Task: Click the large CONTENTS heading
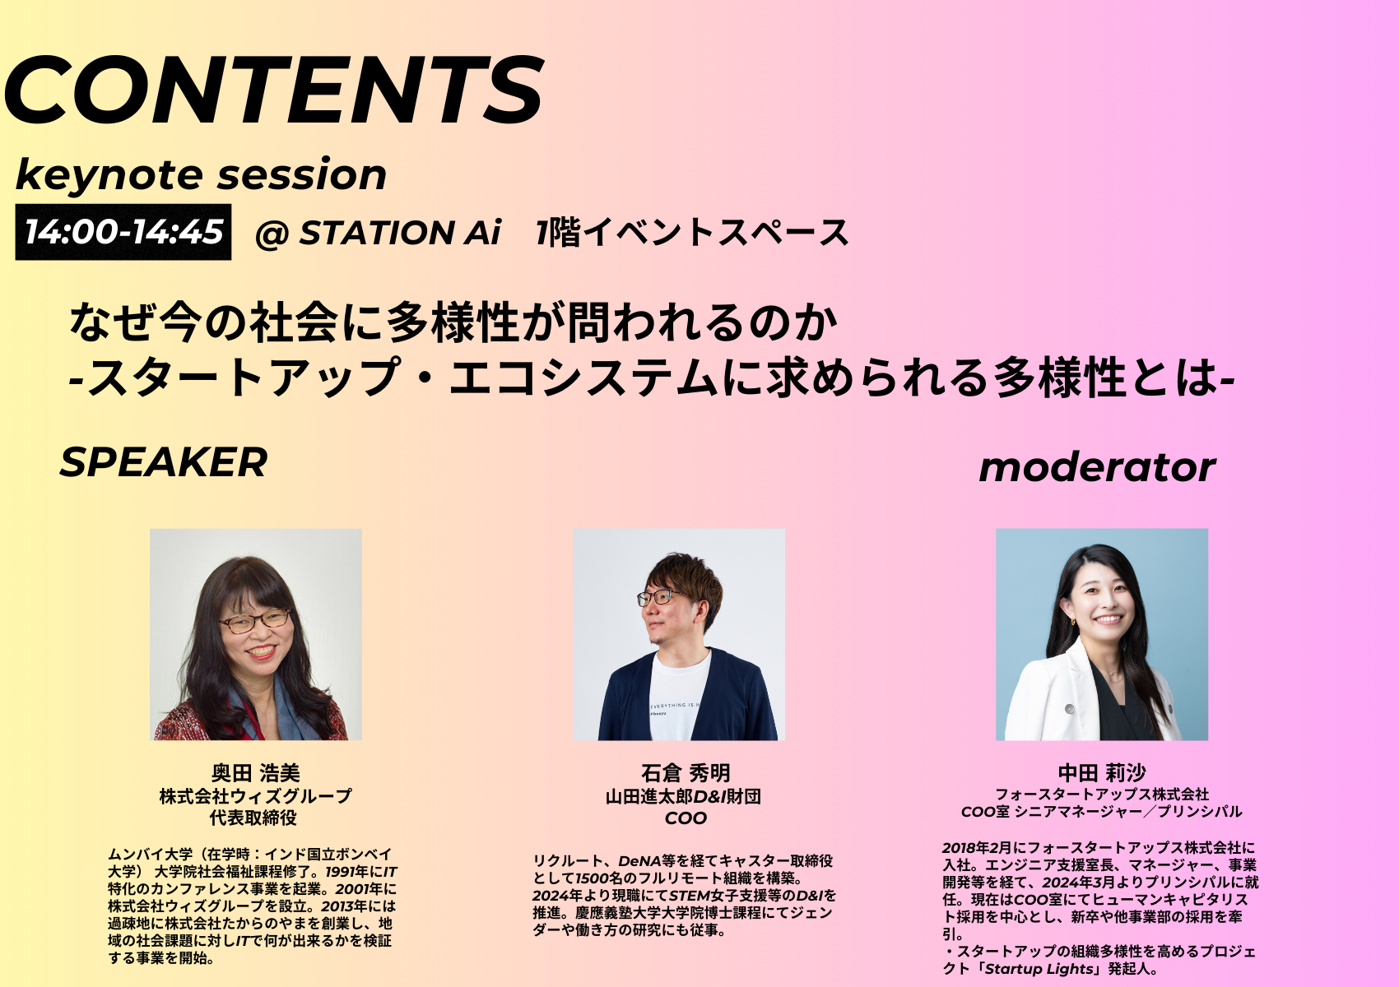coord(273,90)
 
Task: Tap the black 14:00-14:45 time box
coord(123,232)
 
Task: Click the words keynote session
coord(201,174)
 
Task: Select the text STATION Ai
coord(400,233)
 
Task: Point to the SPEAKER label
coord(164,462)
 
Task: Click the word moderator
coord(1097,467)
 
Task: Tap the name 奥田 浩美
coord(255,773)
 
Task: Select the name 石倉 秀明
coord(686,773)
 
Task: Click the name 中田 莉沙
coord(1102,773)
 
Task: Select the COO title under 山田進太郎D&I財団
coord(686,818)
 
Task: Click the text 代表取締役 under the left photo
coord(253,818)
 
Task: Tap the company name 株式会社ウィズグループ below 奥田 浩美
coord(255,796)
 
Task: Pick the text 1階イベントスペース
coord(692,233)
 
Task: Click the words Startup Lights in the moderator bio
coord(1039,969)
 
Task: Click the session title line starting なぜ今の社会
coord(453,323)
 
